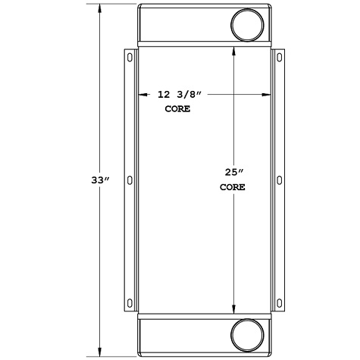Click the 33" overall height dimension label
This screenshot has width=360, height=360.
[100, 180]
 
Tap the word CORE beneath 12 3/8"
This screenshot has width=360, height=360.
[177, 109]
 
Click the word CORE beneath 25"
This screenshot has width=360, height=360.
[233, 186]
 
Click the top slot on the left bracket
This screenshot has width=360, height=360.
[130, 57]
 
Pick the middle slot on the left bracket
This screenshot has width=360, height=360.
[130, 180]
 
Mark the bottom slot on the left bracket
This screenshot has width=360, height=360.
[130, 304]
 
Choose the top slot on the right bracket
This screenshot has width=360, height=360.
[279, 57]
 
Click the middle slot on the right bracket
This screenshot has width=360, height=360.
[279, 180]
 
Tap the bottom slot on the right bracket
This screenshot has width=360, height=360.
[279, 304]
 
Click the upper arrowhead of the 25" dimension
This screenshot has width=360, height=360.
[233, 52]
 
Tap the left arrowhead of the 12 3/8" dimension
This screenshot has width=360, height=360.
[141, 95]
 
